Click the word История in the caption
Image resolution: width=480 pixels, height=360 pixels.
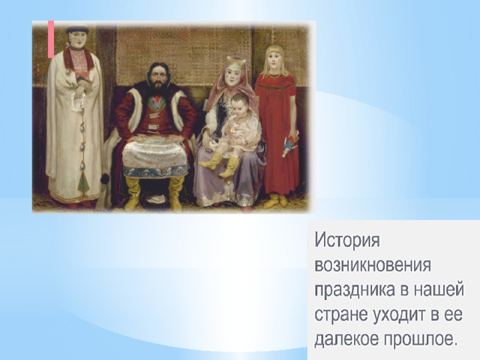click(347, 240)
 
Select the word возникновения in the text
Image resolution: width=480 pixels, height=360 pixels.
click(373, 265)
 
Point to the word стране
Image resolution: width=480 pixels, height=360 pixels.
click(341, 314)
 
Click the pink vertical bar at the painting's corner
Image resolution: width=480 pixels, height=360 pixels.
click(51, 39)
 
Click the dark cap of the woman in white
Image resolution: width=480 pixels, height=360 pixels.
click(78, 30)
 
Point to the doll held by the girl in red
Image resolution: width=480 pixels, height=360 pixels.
click(290, 144)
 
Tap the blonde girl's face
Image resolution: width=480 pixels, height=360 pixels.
click(274, 61)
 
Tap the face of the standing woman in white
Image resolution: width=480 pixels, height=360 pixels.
click(78, 40)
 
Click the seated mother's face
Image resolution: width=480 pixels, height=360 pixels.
click(232, 76)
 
